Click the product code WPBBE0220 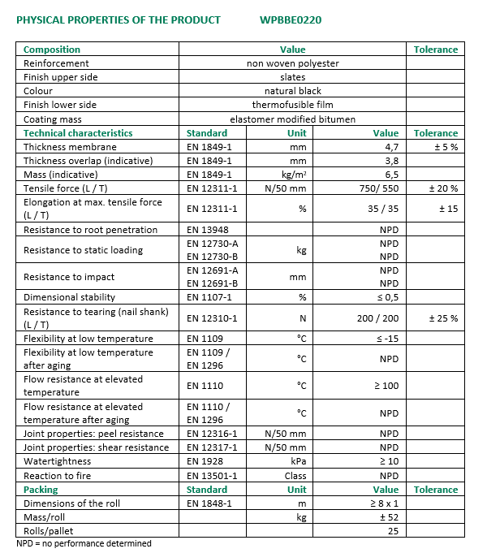[291, 19]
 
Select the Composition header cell [52, 50]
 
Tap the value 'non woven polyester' [292, 63]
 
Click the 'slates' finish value [292, 77]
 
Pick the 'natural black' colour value [292, 91]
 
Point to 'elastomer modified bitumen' [292, 119]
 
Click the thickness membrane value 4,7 [390, 147]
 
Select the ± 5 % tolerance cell [445, 147]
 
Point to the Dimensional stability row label [69, 297]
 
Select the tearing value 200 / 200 [377, 318]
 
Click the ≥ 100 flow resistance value [386, 386]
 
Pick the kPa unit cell [297, 461]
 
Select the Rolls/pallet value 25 [392, 531]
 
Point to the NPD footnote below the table [84, 543]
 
